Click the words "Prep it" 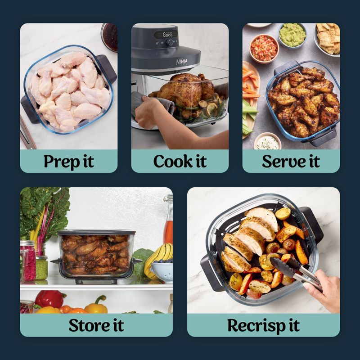coord(68,161)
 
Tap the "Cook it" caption coord(180,161)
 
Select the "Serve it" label coord(291,161)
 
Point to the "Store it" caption coord(96,325)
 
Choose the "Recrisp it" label coord(263,325)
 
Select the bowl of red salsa coord(264,48)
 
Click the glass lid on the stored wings coord(96,233)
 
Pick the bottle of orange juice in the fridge coord(168,227)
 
